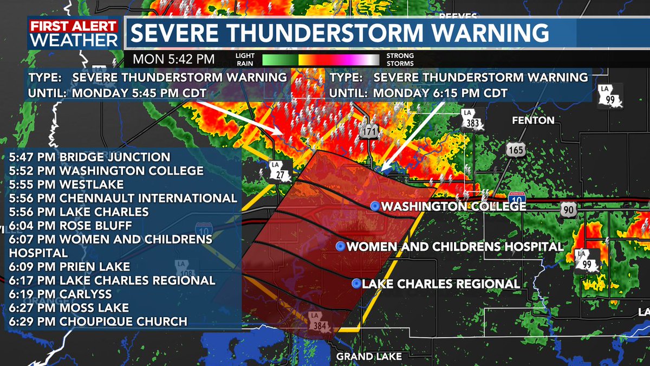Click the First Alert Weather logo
click(74, 34)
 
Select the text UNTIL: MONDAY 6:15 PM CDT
click(419, 93)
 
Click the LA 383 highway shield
click(471, 119)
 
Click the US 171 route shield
click(370, 130)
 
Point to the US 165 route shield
click(517, 149)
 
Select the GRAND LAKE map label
click(369, 356)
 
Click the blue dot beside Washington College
click(374, 207)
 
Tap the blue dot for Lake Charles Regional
click(356, 284)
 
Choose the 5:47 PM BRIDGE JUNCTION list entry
click(89, 157)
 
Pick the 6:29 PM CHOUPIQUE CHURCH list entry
click(97, 322)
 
